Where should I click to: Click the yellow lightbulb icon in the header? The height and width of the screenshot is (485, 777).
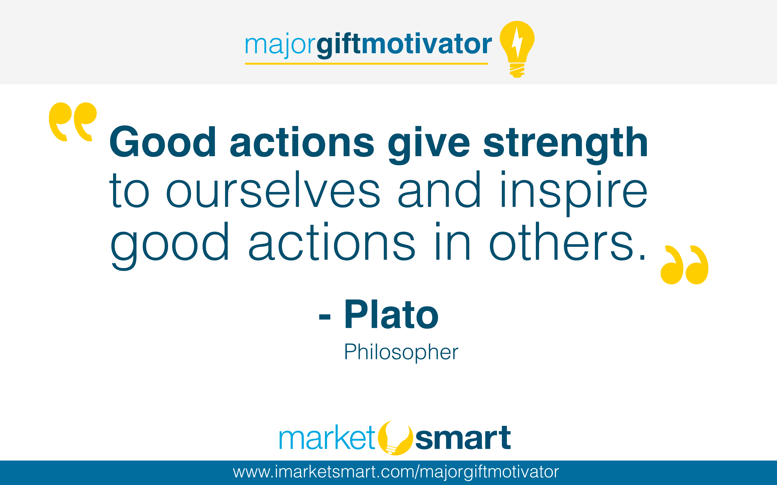(517, 48)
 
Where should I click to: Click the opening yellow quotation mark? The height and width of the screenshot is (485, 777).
(73, 122)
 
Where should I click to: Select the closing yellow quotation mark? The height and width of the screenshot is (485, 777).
(684, 265)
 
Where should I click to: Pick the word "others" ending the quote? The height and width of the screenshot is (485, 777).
(562, 242)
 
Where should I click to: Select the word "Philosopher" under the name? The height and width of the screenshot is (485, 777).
(401, 352)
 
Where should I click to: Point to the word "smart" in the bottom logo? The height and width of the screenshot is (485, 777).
(463, 438)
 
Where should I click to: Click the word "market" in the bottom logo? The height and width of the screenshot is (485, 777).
(327, 438)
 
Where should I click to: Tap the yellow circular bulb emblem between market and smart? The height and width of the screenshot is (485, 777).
(395, 438)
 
